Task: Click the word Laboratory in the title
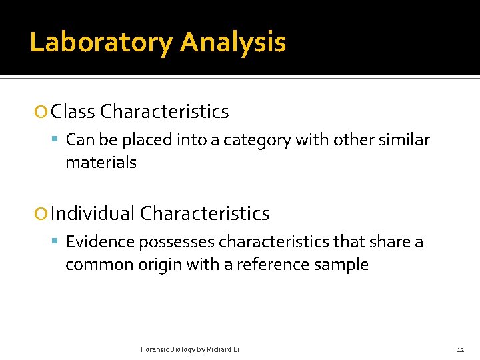[101, 43]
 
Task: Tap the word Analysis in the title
[233, 43]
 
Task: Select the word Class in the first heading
[73, 112]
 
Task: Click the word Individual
[93, 214]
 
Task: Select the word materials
[101, 163]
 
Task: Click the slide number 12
[460, 350]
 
